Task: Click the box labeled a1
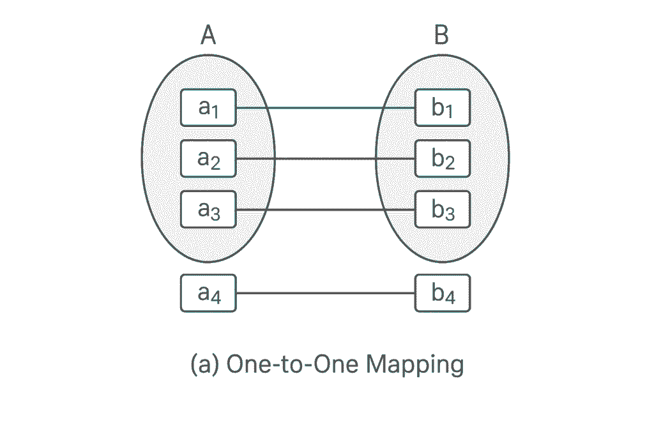click(208, 108)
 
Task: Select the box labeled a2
click(208, 158)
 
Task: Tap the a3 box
click(208, 209)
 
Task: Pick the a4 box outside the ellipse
click(208, 293)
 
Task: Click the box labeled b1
click(443, 108)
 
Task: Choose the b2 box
click(443, 158)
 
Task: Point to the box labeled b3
click(443, 209)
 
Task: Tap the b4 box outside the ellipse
click(443, 293)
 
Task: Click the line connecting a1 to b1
click(326, 108)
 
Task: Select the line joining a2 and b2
click(326, 158)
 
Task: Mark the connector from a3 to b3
click(326, 209)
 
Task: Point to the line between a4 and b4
click(326, 293)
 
